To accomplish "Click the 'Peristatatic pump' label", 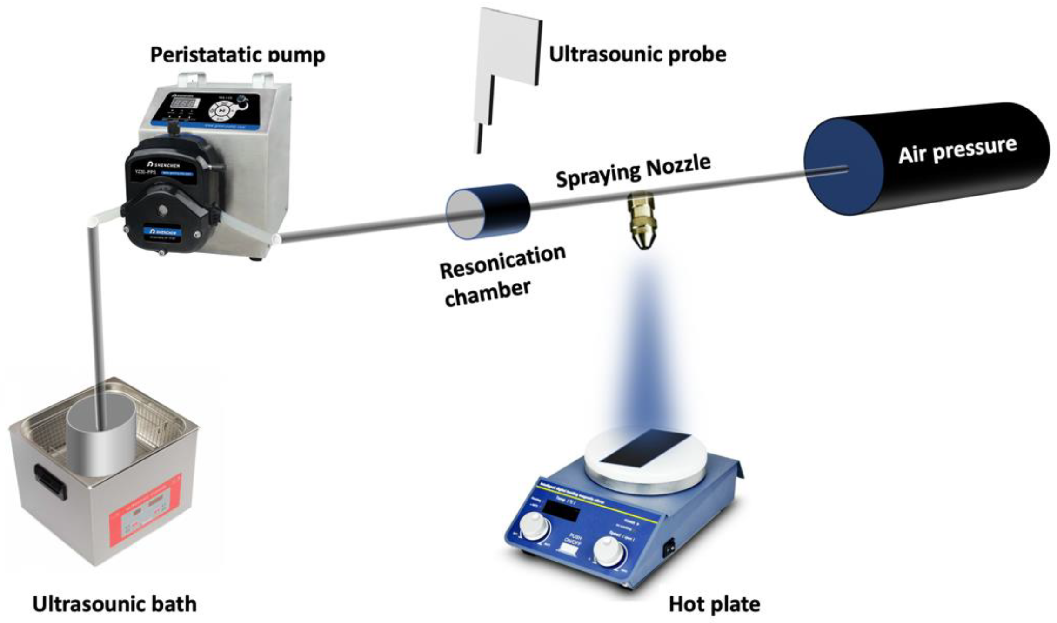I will pos(237,55).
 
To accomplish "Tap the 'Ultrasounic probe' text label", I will pos(637,54).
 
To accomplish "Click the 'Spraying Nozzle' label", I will pos(633,171).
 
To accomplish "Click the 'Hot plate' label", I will pos(714,604).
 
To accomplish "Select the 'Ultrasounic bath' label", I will pos(114,604).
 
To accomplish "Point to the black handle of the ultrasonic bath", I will pos(49,480).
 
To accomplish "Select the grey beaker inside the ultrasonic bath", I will pos(101,440).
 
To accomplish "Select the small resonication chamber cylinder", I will pos(488,211).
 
